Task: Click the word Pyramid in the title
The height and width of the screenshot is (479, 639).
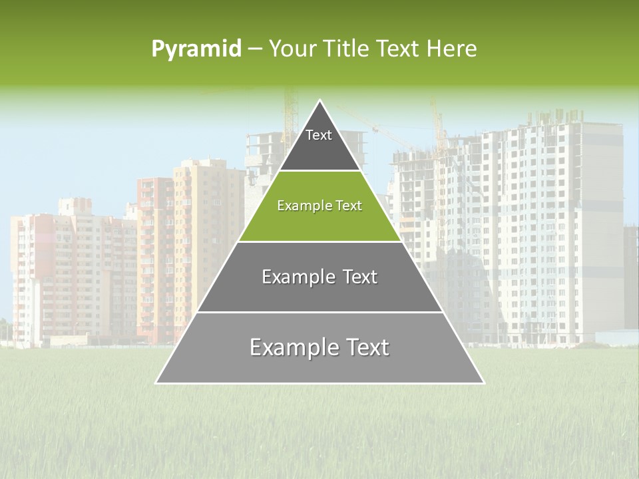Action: (x=196, y=49)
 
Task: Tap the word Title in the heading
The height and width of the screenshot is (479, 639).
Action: (x=346, y=49)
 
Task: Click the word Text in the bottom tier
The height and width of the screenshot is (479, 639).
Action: (x=365, y=347)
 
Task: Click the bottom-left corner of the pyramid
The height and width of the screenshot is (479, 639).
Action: (x=156, y=383)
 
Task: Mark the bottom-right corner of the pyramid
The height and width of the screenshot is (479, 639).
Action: (x=484, y=383)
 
